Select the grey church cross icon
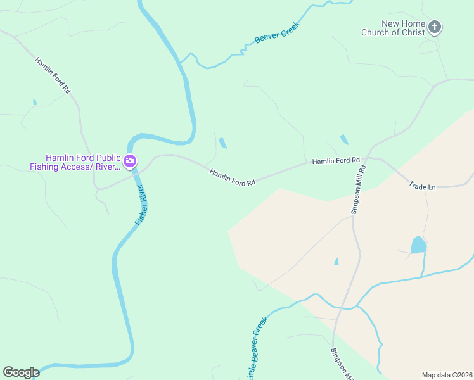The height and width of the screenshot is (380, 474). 434,27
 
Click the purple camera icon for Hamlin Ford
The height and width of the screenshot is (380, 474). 130,161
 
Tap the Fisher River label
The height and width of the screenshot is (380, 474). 140,205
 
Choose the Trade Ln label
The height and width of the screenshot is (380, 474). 423,186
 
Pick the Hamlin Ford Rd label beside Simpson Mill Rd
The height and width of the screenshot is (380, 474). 335,161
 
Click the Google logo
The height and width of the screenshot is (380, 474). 21,372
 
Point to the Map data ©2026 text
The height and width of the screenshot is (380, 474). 447,375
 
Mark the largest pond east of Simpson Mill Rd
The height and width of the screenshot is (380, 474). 418,244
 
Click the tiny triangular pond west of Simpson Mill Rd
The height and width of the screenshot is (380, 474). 336,262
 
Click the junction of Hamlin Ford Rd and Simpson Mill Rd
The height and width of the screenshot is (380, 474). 366,158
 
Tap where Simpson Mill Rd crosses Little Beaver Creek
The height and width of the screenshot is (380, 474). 343,308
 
